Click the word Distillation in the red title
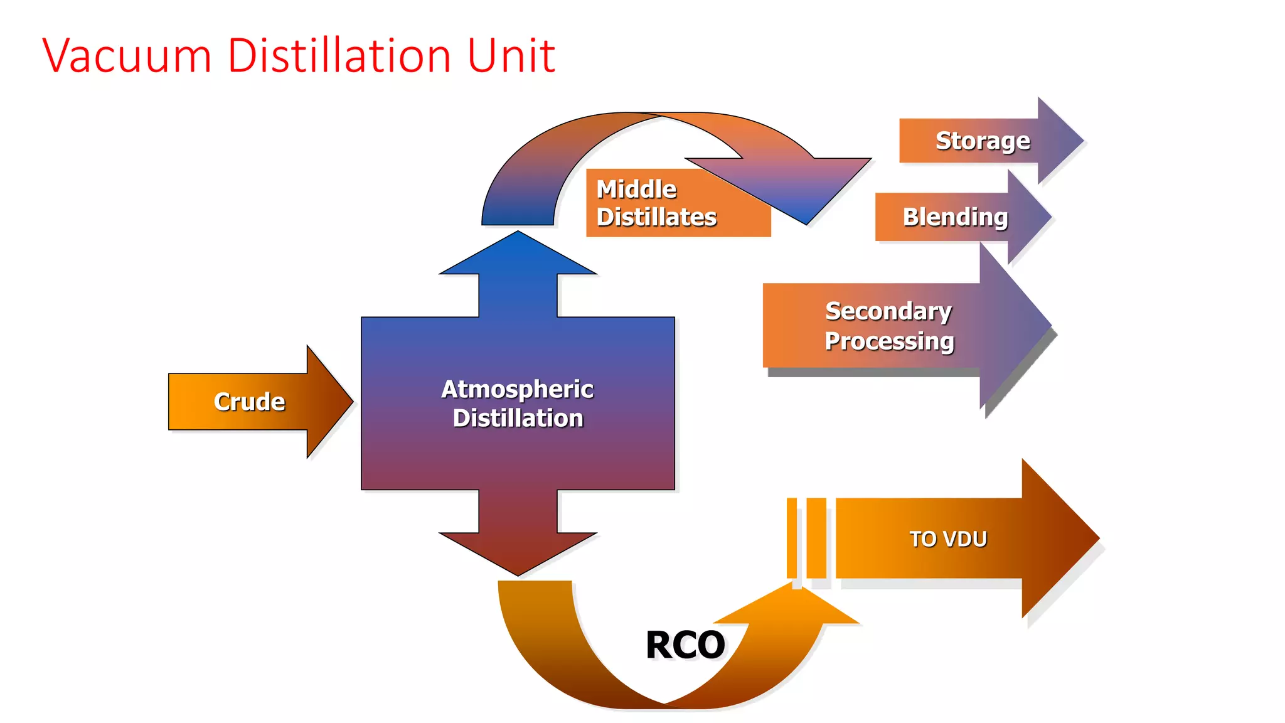point(339,56)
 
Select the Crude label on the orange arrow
point(249,402)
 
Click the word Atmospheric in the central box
point(517,389)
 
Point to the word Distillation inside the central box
point(518,419)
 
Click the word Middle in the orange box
point(636,190)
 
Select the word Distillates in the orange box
point(656,217)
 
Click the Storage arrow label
point(983,141)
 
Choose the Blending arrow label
point(955,217)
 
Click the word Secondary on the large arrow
point(888,311)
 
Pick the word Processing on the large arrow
point(889,341)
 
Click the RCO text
point(685,645)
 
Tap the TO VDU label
point(948,539)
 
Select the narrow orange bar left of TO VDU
point(792,538)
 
